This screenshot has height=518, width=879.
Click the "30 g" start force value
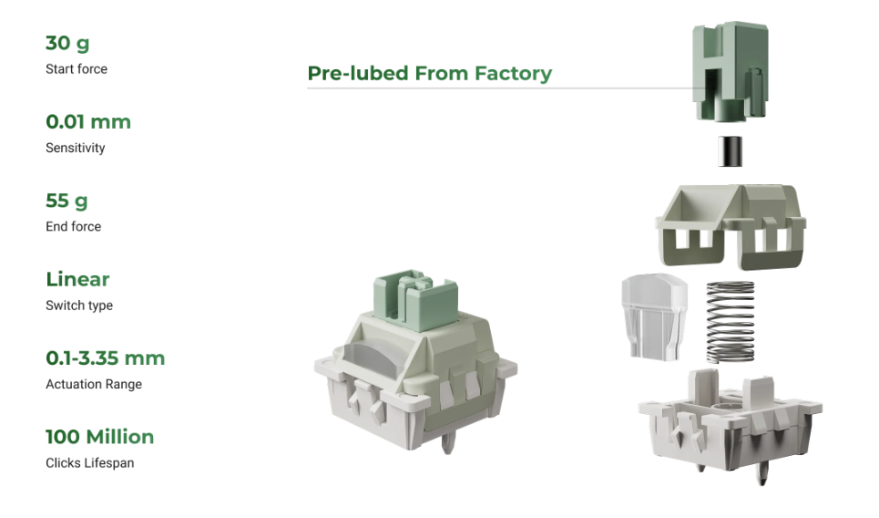[x=67, y=43]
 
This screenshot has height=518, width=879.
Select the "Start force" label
[x=77, y=69]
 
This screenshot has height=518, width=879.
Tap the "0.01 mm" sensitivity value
[x=88, y=122]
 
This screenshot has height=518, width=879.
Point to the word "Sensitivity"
[x=75, y=148]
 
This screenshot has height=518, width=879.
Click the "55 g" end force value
[x=66, y=201]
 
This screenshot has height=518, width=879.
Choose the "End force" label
[x=74, y=226]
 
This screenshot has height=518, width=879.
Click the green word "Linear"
[x=77, y=279]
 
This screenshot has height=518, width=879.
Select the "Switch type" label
[x=79, y=306]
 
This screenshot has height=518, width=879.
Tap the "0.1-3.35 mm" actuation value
[x=106, y=358]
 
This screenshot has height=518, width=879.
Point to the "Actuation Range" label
[x=94, y=385]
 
